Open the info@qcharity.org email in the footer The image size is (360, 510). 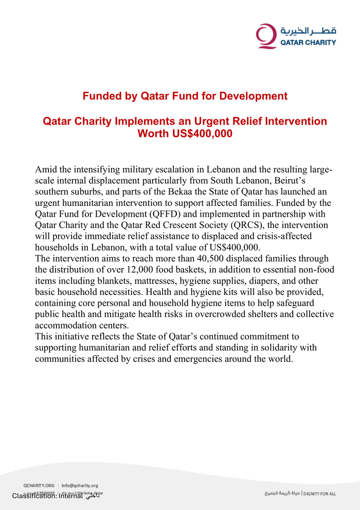click(x=80, y=485)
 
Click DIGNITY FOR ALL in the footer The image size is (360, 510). click(x=319, y=494)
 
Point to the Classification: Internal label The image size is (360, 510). click(x=47, y=496)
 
